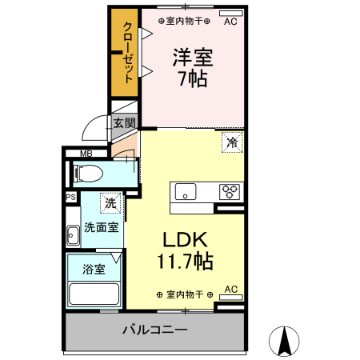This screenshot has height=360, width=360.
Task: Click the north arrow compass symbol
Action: pyautogui.click(x=284, y=342)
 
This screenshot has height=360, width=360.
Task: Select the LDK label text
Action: pyautogui.click(x=186, y=240)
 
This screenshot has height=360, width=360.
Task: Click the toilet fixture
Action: pyautogui.click(x=90, y=172)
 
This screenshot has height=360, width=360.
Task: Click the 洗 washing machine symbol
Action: pyautogui.click(x=110, y=203)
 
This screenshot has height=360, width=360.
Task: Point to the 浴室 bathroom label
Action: pyautogui.click(x=94, y=269)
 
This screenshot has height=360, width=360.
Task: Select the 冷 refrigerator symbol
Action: pyautogui.click(x=231, y=143)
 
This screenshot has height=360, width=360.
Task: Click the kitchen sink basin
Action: pyautogui.click(x=185, y=192)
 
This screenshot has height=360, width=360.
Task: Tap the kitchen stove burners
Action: pyautogui.click(x=230, y=191)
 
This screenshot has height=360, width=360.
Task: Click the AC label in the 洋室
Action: pyautogui.click(x=230, y=22)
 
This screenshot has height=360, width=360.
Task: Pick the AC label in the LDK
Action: pyautogui.click(x=230, y=289)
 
